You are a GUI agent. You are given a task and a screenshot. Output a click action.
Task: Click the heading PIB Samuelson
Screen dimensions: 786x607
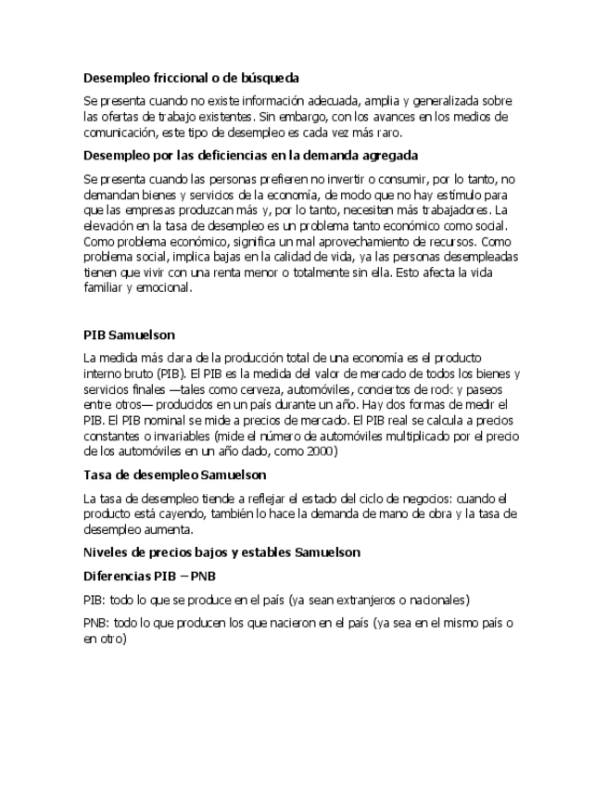click(129, 334)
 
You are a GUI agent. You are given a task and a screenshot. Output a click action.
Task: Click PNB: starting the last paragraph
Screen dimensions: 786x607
click(95, 623)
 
